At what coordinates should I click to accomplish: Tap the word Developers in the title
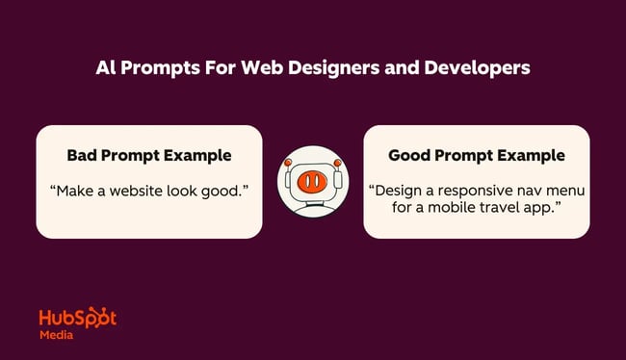coord(482,69)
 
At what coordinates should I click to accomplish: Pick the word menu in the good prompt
coord(562,191)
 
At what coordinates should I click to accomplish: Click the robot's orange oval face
coord(312,182)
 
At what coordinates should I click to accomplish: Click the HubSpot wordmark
coord(78,319)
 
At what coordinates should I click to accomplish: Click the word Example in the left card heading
coord(196,155)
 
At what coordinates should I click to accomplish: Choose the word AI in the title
coord(106,69)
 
